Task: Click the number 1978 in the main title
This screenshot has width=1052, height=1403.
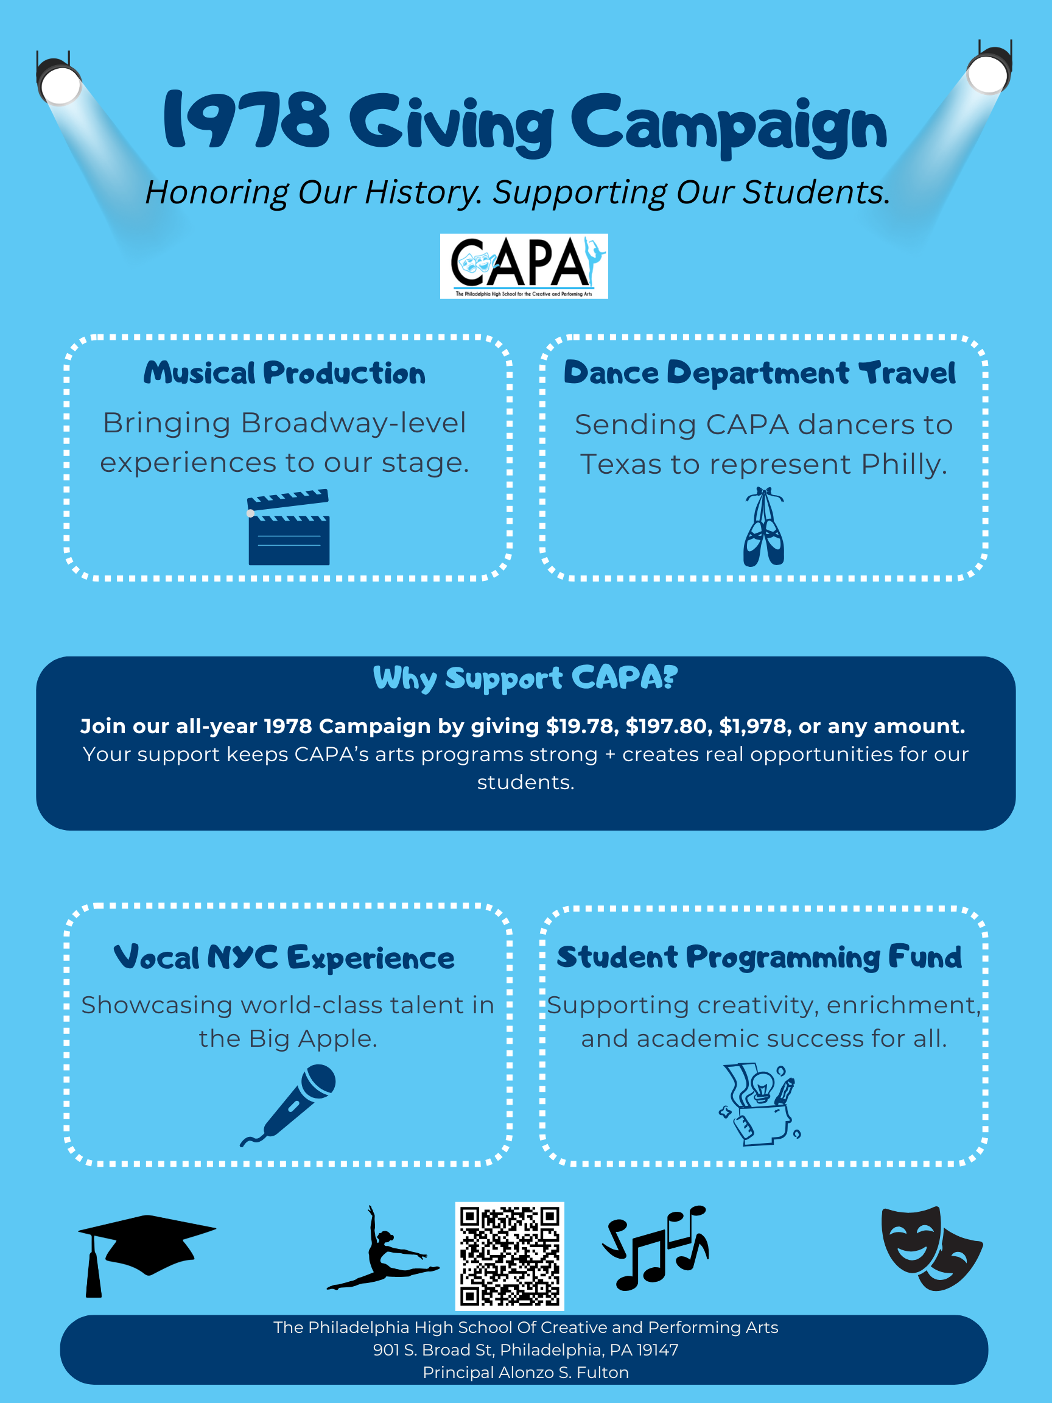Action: [247, 120]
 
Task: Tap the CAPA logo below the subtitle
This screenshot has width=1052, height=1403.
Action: [524, 266]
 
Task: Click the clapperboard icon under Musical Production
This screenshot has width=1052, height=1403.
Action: [289, 527]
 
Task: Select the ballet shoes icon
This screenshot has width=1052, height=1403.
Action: [763, 527]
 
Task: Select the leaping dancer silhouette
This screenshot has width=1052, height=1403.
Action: [382, 1248]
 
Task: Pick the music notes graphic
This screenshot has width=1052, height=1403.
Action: [655, 1248]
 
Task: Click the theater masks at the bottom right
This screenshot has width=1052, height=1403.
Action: [931, 1248]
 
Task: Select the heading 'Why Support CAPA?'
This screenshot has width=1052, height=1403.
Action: [525, 678]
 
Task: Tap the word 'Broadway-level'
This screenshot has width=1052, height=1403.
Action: [353, 423]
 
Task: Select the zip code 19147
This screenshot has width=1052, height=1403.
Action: [657, 1350]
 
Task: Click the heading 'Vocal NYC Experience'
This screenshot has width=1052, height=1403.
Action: [284, 958]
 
